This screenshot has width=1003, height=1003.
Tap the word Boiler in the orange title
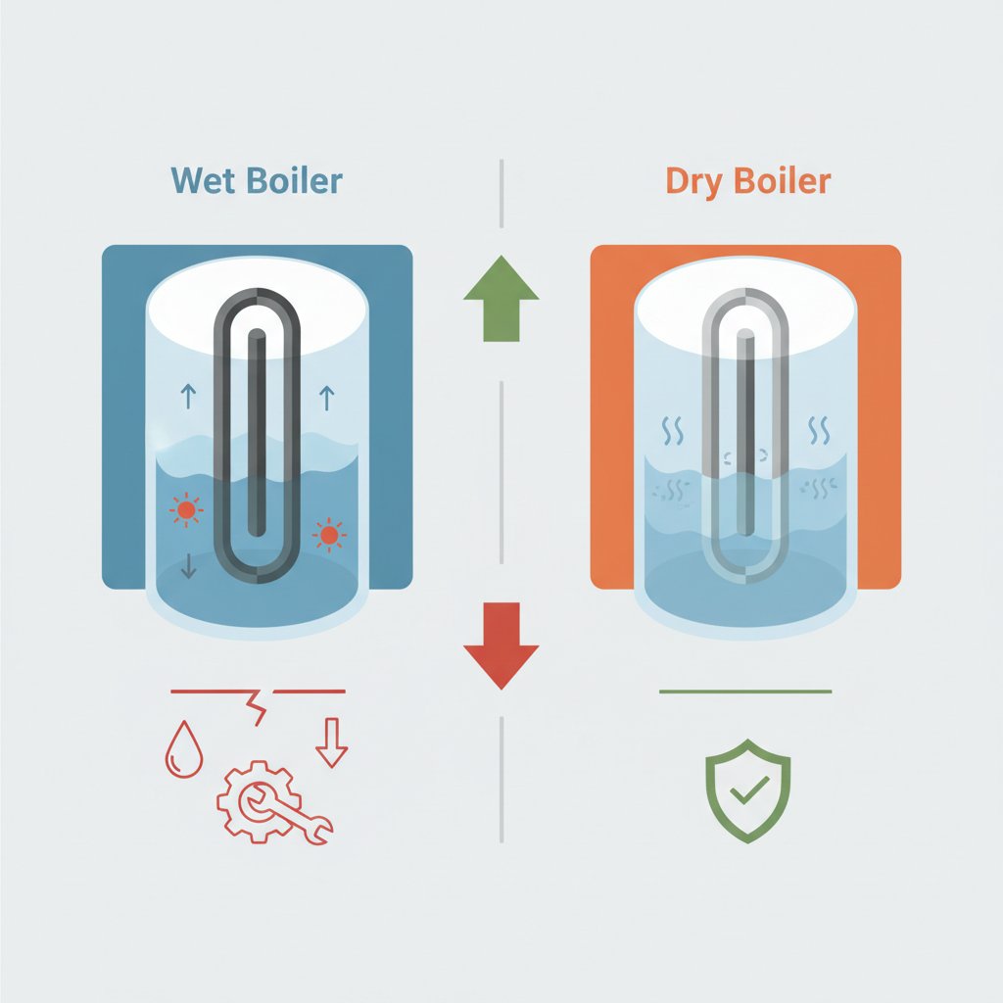pos(785,181)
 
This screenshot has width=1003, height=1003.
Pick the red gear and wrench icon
pos(267,800)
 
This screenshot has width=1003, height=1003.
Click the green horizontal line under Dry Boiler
pos(745,692)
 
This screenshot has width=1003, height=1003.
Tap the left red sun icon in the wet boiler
pos(184,509)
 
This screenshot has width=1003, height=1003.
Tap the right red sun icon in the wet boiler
pos(329,536)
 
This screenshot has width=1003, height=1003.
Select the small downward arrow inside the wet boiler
pos(189,564)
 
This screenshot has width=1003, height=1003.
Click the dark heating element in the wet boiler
pos(257,431)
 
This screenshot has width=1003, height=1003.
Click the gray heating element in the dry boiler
pos(745,431)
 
